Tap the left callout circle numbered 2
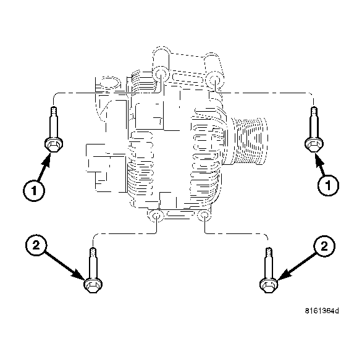click(x=36, y=246)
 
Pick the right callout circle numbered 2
click(x=323, y=246)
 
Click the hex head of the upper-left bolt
click(x=52, y=144)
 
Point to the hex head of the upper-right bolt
click(x=314, y=143)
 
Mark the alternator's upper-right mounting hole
click(x=214, y=79)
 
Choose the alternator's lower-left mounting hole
click(x=157, y=217)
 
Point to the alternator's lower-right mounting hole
click(x=204, y=217)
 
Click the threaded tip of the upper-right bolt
click(x=314, y=111)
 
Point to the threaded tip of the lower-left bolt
click(x=92, y=252)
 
